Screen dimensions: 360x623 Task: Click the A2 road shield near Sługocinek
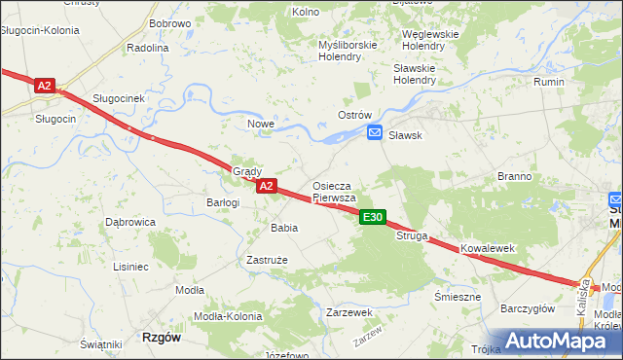coord(44,86)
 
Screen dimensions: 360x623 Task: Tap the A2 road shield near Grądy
coord(267,185)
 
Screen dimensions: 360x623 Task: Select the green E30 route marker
coord(373,218)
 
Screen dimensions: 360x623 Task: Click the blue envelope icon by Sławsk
coord(375,135)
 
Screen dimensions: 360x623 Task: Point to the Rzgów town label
coord(162,337)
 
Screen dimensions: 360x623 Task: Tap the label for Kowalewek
coord(487,249)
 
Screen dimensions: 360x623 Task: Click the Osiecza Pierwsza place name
coord(338,191)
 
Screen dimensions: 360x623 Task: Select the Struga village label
coord(411,235)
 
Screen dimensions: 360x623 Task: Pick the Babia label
coord(284,227)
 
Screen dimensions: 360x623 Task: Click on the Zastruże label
coord(266,260)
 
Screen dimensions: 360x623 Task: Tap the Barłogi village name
coord(223,202)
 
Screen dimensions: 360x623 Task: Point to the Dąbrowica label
coord(130,222)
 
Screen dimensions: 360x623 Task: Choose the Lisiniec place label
coord(130,266)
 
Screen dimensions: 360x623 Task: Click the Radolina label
coord(148,47)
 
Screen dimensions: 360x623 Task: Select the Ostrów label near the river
coord(355,115)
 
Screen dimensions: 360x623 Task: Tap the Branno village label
coord(514,177)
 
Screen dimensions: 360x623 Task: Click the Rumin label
coord(549,82)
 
